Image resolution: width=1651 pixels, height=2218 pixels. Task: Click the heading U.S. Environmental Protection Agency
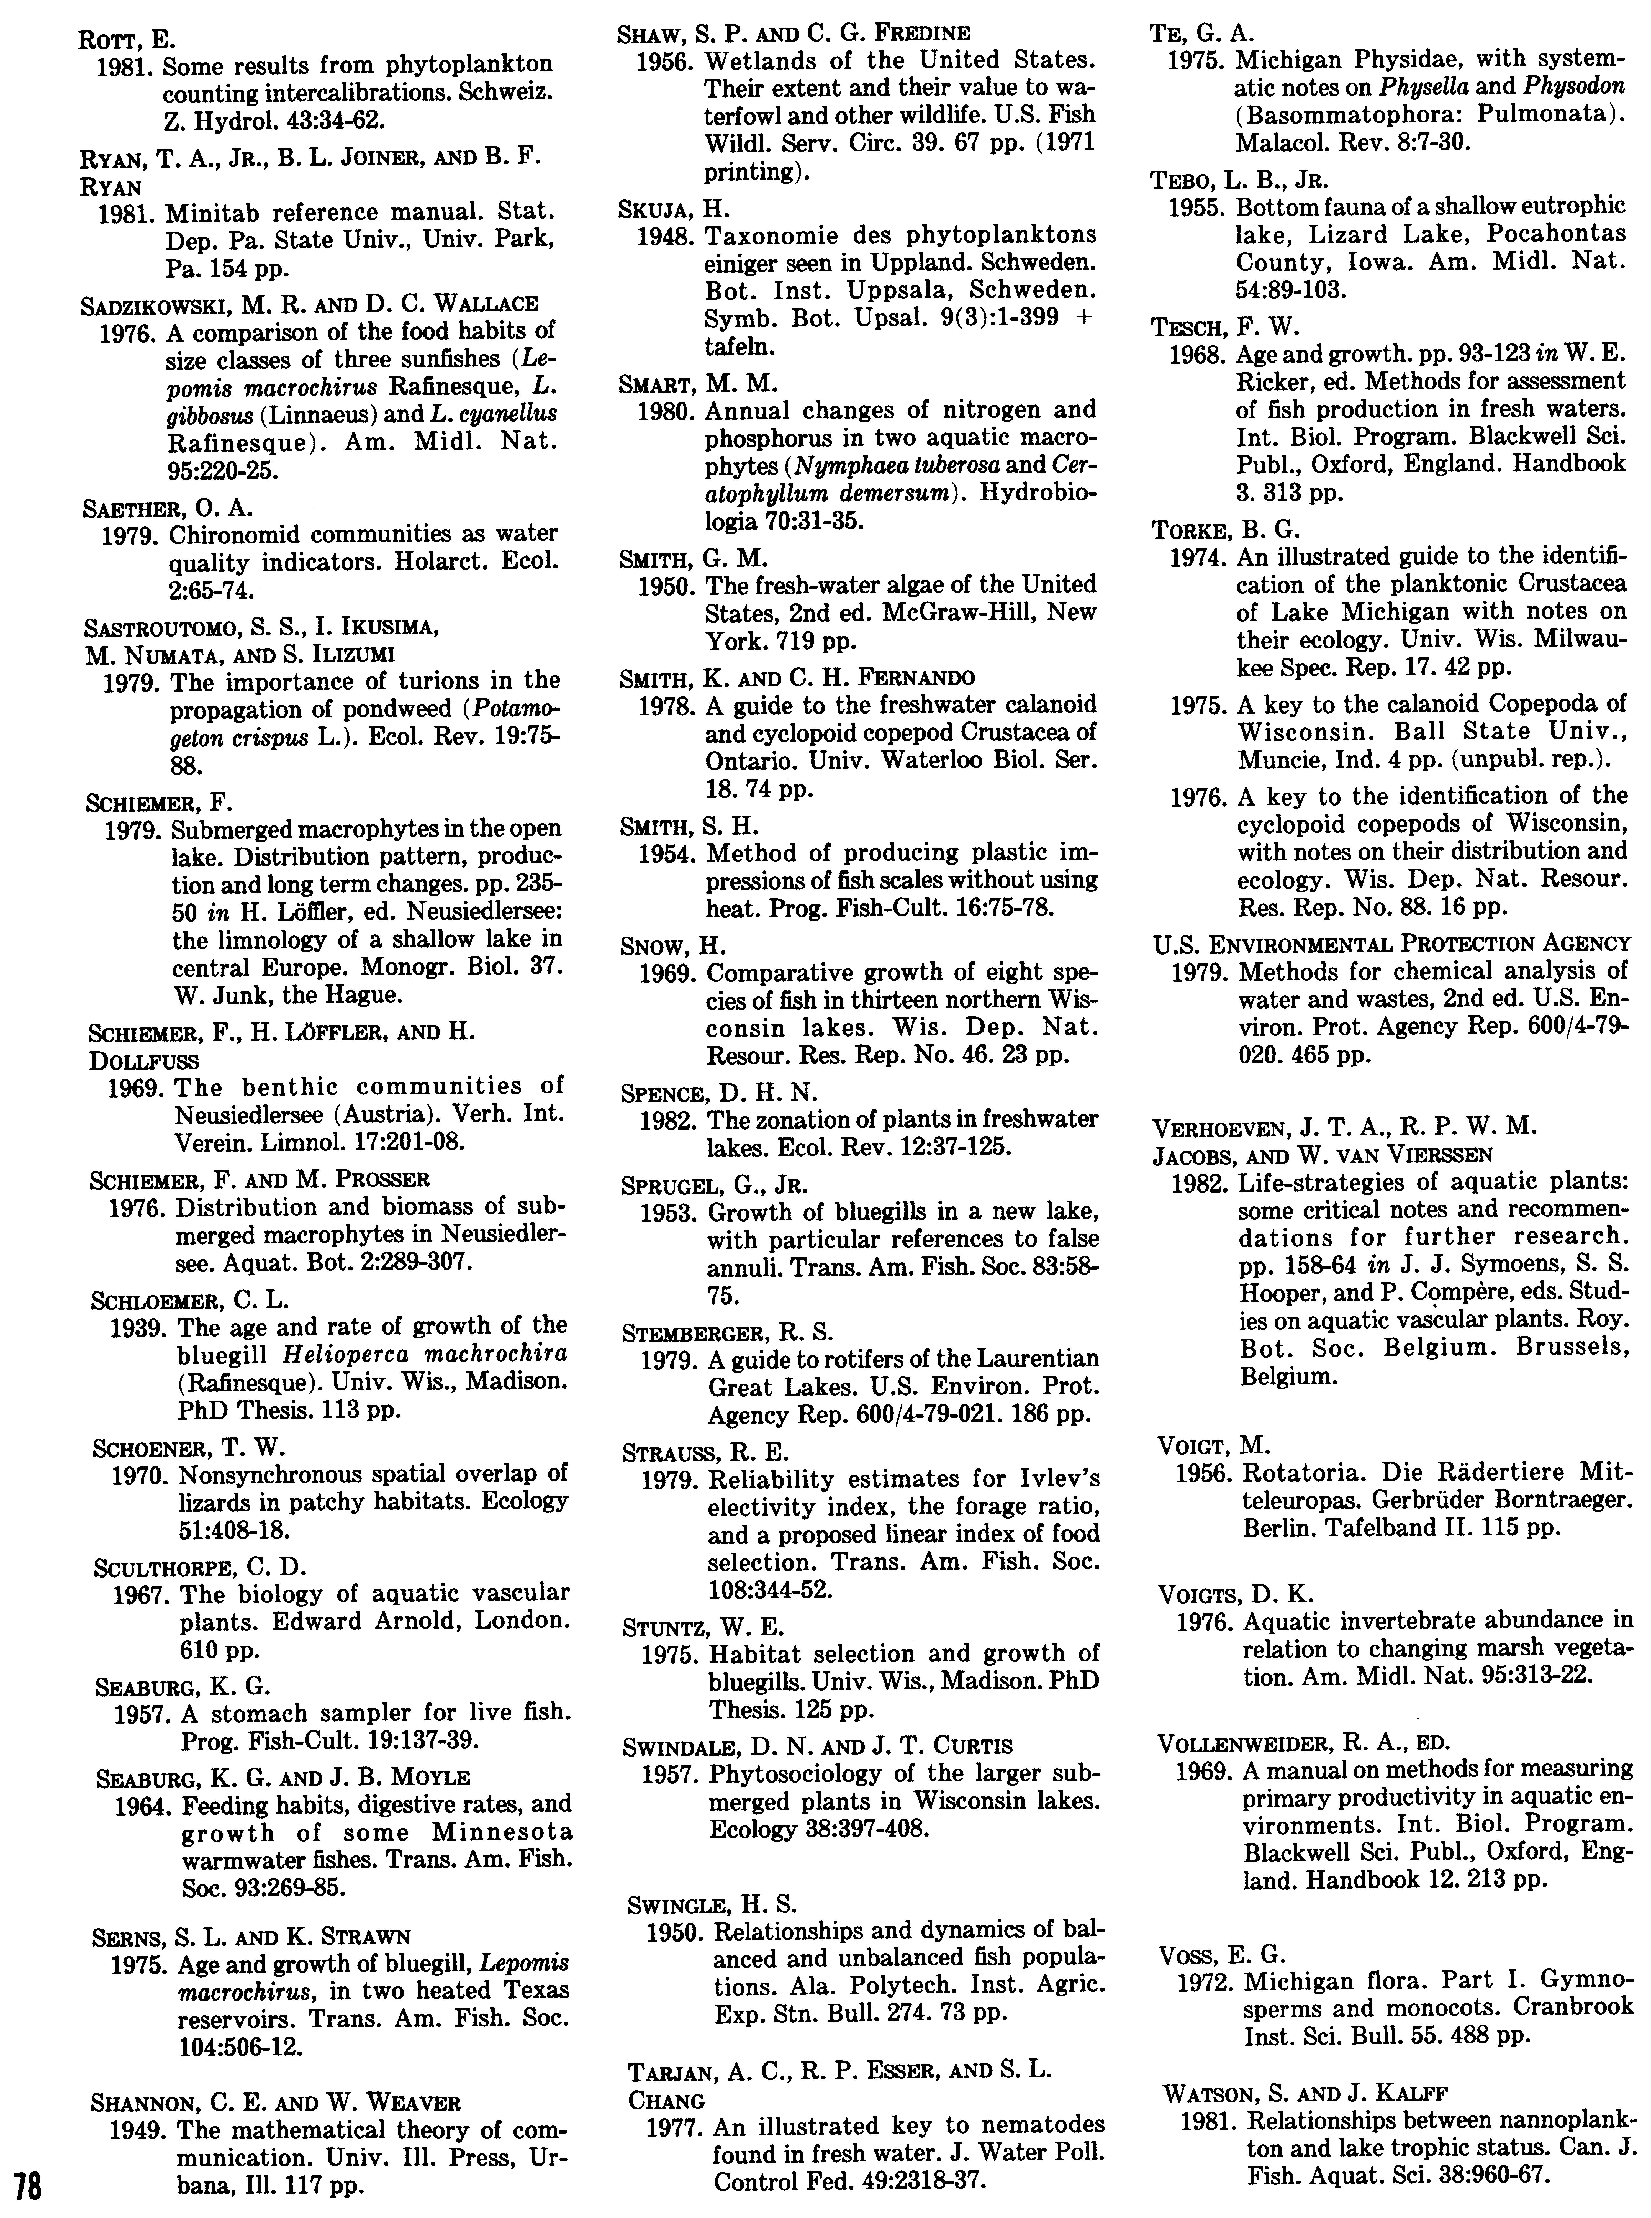[1391, 943]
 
